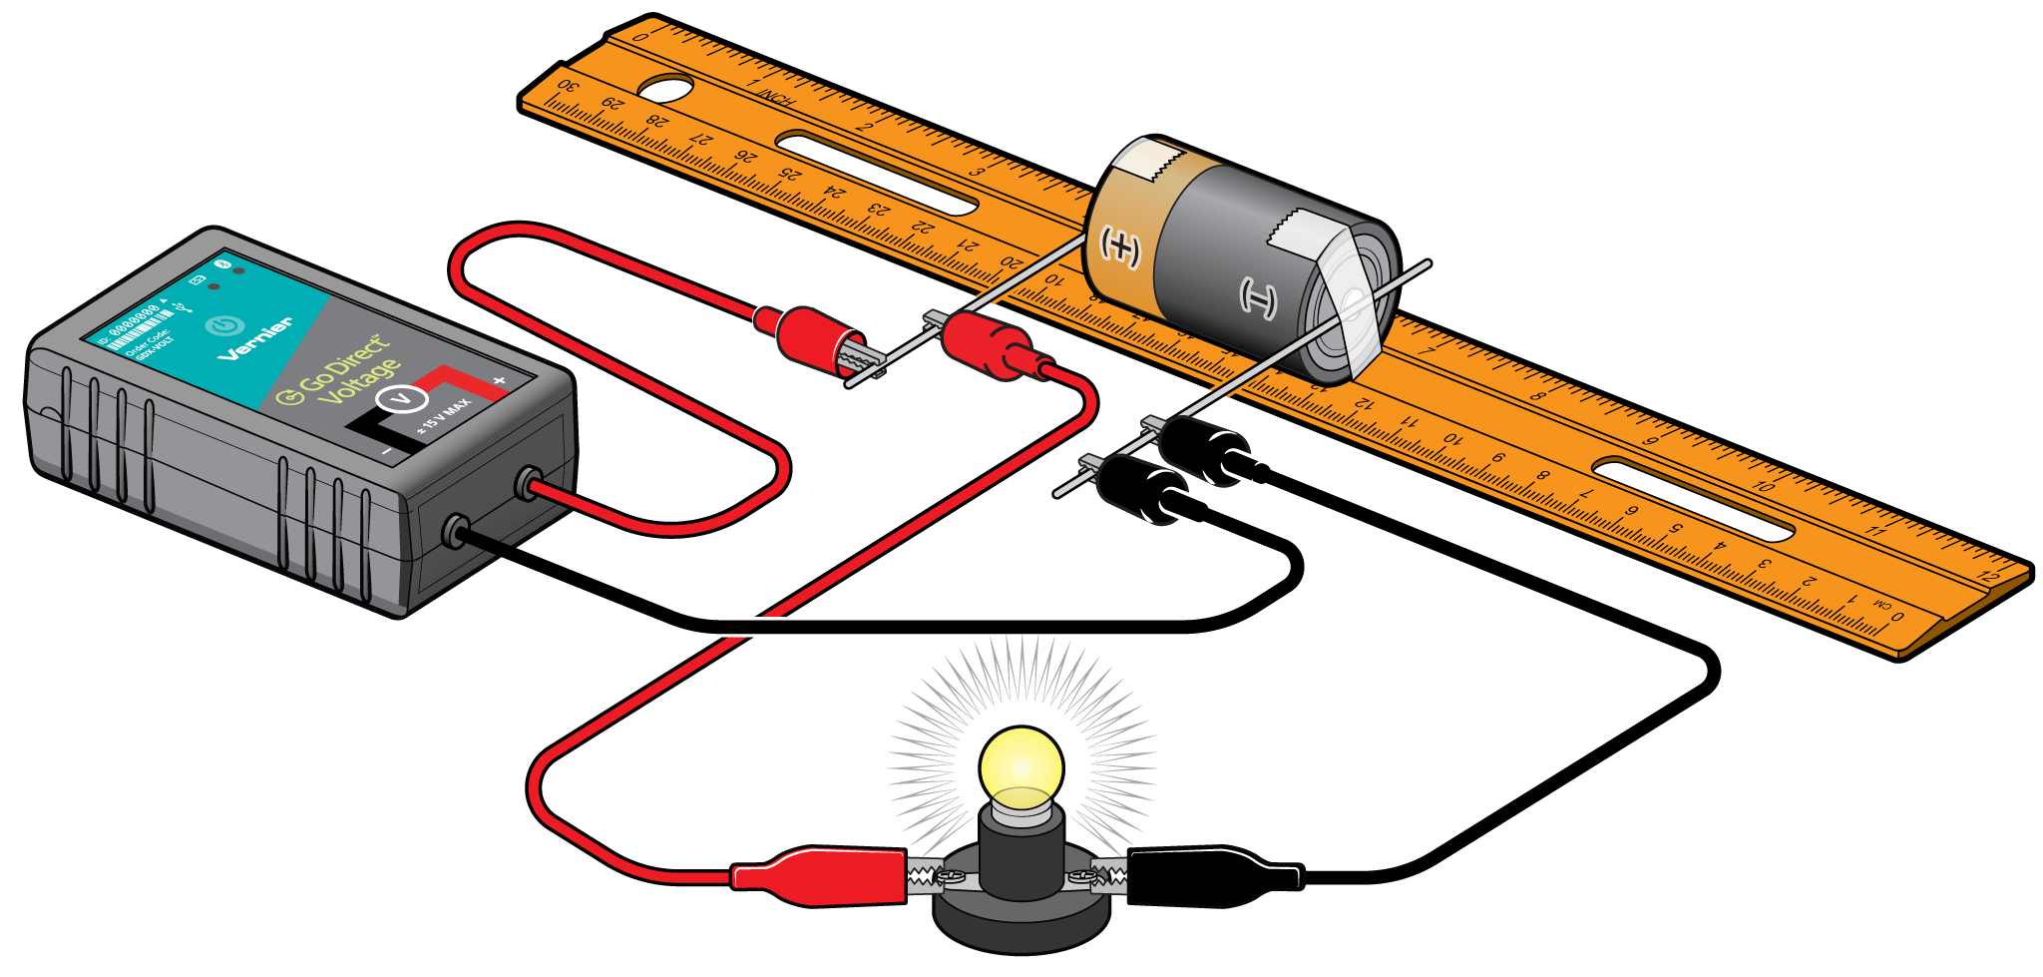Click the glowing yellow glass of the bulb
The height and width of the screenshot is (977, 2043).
pos(1021,769)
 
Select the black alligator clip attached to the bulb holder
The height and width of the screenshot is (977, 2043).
pos(1212,875)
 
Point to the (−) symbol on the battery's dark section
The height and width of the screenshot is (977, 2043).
pos(1258,297)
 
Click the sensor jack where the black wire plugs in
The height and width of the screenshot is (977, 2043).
pos(457,530)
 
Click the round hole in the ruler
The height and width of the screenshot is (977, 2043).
pos(664,88)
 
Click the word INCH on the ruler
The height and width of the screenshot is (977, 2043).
pos(774,98)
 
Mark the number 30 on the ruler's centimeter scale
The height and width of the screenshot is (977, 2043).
pos(567,87)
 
